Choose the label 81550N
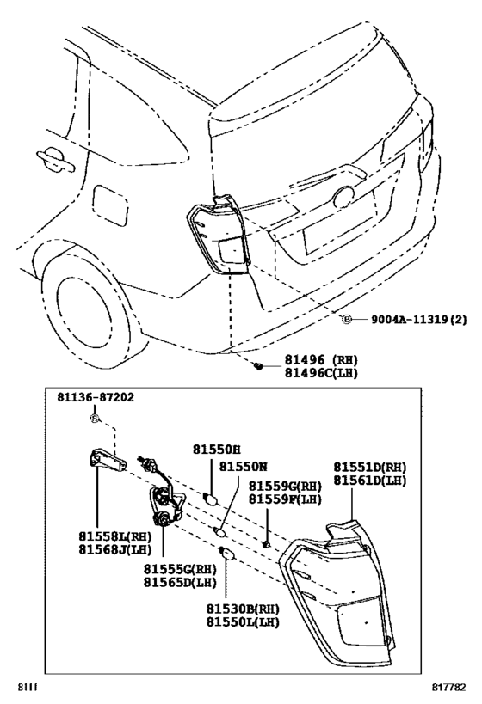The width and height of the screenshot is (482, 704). coord(244,466)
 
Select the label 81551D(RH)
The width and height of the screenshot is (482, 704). coord(370,467)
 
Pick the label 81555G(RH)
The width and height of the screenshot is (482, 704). coord(179,568)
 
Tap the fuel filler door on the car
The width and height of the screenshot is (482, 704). coord(108,203)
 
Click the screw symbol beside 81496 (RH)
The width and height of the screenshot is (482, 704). coord(257,366)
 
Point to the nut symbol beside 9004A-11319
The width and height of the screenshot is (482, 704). coord(347,319)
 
